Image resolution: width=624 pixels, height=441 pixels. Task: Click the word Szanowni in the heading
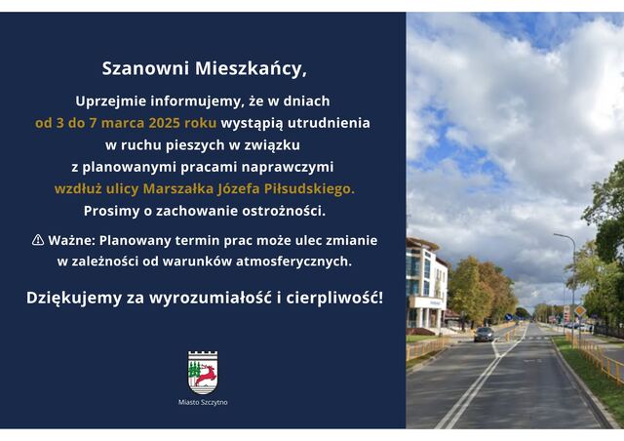145,68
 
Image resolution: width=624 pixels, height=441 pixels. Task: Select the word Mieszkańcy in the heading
250,69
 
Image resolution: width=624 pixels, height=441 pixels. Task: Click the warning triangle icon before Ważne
38,240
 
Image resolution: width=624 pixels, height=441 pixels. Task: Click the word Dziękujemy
74,298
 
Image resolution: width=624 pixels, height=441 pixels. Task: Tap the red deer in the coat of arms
207,376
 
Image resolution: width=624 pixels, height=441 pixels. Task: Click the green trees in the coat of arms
195,370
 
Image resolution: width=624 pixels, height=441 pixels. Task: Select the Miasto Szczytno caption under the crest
203,402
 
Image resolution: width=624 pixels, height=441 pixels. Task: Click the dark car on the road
484,335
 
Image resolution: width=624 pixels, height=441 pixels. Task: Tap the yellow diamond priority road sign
580,310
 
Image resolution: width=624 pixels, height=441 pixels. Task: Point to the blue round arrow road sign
509,317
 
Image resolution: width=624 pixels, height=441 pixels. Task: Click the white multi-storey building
426,286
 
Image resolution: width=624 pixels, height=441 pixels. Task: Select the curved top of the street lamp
565,236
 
